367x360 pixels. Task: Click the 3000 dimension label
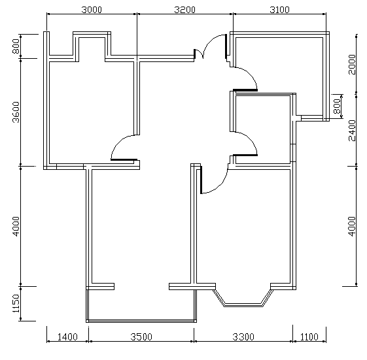pyautogui.click(x=92, y=10)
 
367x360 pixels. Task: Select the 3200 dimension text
pyautogui.click(x=184, y=10)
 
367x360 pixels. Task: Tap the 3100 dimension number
pyautogui.click(x=279, y=10)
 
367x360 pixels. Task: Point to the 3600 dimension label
pyautogui.click(x=16, y=112)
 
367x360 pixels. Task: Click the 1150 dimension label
pyautogui.click(x=16, y=303)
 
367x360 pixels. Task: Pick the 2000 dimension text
pyautogui.click(x=352, y=64)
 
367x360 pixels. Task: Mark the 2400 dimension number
pyautogui.click(x=352, y=131)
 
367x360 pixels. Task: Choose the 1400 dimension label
pyautogui.click(x=67, y=337)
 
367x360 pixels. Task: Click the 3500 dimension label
pyautogui.click(x=141, y=337)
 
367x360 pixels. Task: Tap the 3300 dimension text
pyautogui.click(x=243, y=337)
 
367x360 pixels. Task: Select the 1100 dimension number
pyautogui.click(x=309, y=337)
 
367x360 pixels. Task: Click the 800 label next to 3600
pyautogui.click(x=16, y=46)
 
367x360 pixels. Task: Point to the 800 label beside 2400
pyautogui.click(x=336, y=106)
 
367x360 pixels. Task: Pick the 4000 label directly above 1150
pyautogui.click(x=16, y=226)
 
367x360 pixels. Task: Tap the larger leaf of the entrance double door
pyautogui.click(x=226, y=46)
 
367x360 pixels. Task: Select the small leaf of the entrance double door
pyautogui.click(x=194, y=54)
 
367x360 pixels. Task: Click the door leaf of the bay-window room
pyautogui.click(x=201, y=180)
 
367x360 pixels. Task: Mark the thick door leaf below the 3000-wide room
pyautogui.click(x=124, y=159)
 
